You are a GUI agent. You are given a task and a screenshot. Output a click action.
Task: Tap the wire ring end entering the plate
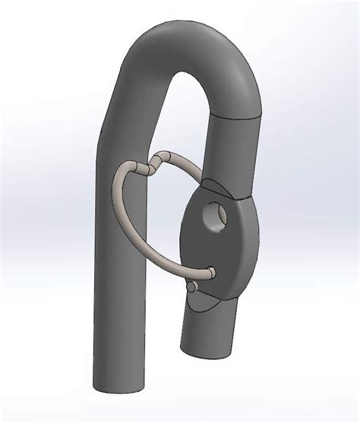point(211,270)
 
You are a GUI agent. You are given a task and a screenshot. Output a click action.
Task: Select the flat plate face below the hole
point(216,254)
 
